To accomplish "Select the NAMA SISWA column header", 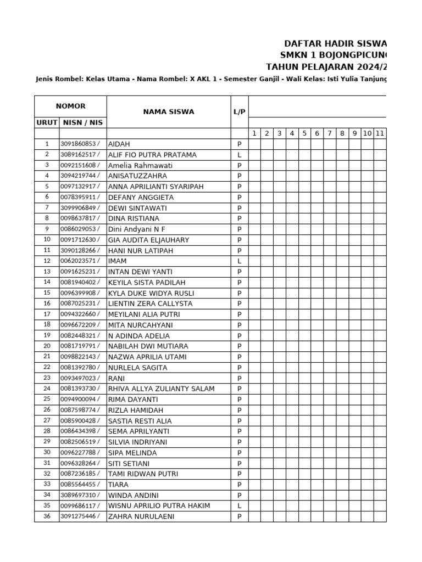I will tap(169, 112).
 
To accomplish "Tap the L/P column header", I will tap(240, 112).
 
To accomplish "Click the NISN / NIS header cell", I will tap(83, 123).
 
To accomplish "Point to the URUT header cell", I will tap(47, 123).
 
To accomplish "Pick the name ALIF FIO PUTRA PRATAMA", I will tap(152, 155).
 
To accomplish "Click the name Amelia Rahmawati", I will tap(140, 165).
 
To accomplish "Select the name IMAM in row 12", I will tap(117, 261).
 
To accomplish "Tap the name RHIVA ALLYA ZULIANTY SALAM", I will tap(161, 389).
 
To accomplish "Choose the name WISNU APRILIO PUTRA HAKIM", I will tap(159, 505).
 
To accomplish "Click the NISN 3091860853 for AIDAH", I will tap(80, 144).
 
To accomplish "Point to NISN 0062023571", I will tap(80, 261).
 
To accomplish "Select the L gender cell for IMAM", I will tap(240, 261).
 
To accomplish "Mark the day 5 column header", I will tap(304, 133).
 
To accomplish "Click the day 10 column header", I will tap(367, 133).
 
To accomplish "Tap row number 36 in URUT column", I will tap(47, 516).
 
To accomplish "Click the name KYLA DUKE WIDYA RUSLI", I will tap(151, 293).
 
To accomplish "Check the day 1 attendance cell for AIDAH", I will tap(254, 144).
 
